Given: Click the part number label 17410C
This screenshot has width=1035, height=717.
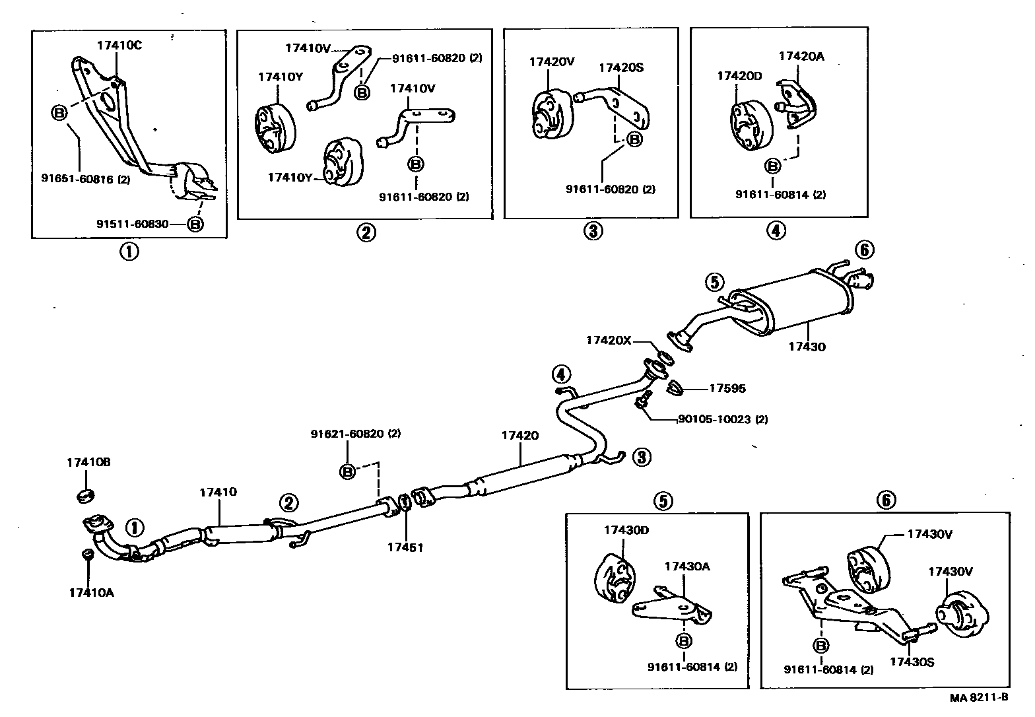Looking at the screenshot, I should [x=119, y=46].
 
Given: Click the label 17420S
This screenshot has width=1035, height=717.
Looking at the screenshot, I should [x=621, y=67].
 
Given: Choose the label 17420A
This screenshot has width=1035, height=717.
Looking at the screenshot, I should [x=801, y=56].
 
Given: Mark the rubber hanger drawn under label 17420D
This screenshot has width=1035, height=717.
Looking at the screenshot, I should [x=749, y=125].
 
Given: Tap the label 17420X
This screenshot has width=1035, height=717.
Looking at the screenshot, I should [x=608, y=340].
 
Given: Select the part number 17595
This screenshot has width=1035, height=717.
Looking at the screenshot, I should [x=727, y=388].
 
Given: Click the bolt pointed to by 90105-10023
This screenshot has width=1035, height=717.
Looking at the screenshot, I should [x=642, y=401].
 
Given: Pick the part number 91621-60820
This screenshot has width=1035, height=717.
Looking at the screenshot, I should [x=356, y=434].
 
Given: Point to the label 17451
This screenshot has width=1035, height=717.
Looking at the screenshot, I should [x=406, y=547].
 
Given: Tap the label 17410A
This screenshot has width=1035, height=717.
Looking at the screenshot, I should [x=91, y=592].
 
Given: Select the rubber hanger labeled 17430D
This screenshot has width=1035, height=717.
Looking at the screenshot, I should [x=613, y=578].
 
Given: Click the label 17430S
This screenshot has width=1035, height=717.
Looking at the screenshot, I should [x=912, y=662].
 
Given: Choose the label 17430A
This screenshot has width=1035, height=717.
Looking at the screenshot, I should [x=686, y=566].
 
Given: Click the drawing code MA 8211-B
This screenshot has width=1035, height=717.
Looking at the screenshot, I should [x=979, y=697].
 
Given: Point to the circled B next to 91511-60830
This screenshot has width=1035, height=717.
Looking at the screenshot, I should [x=195, y=224].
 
